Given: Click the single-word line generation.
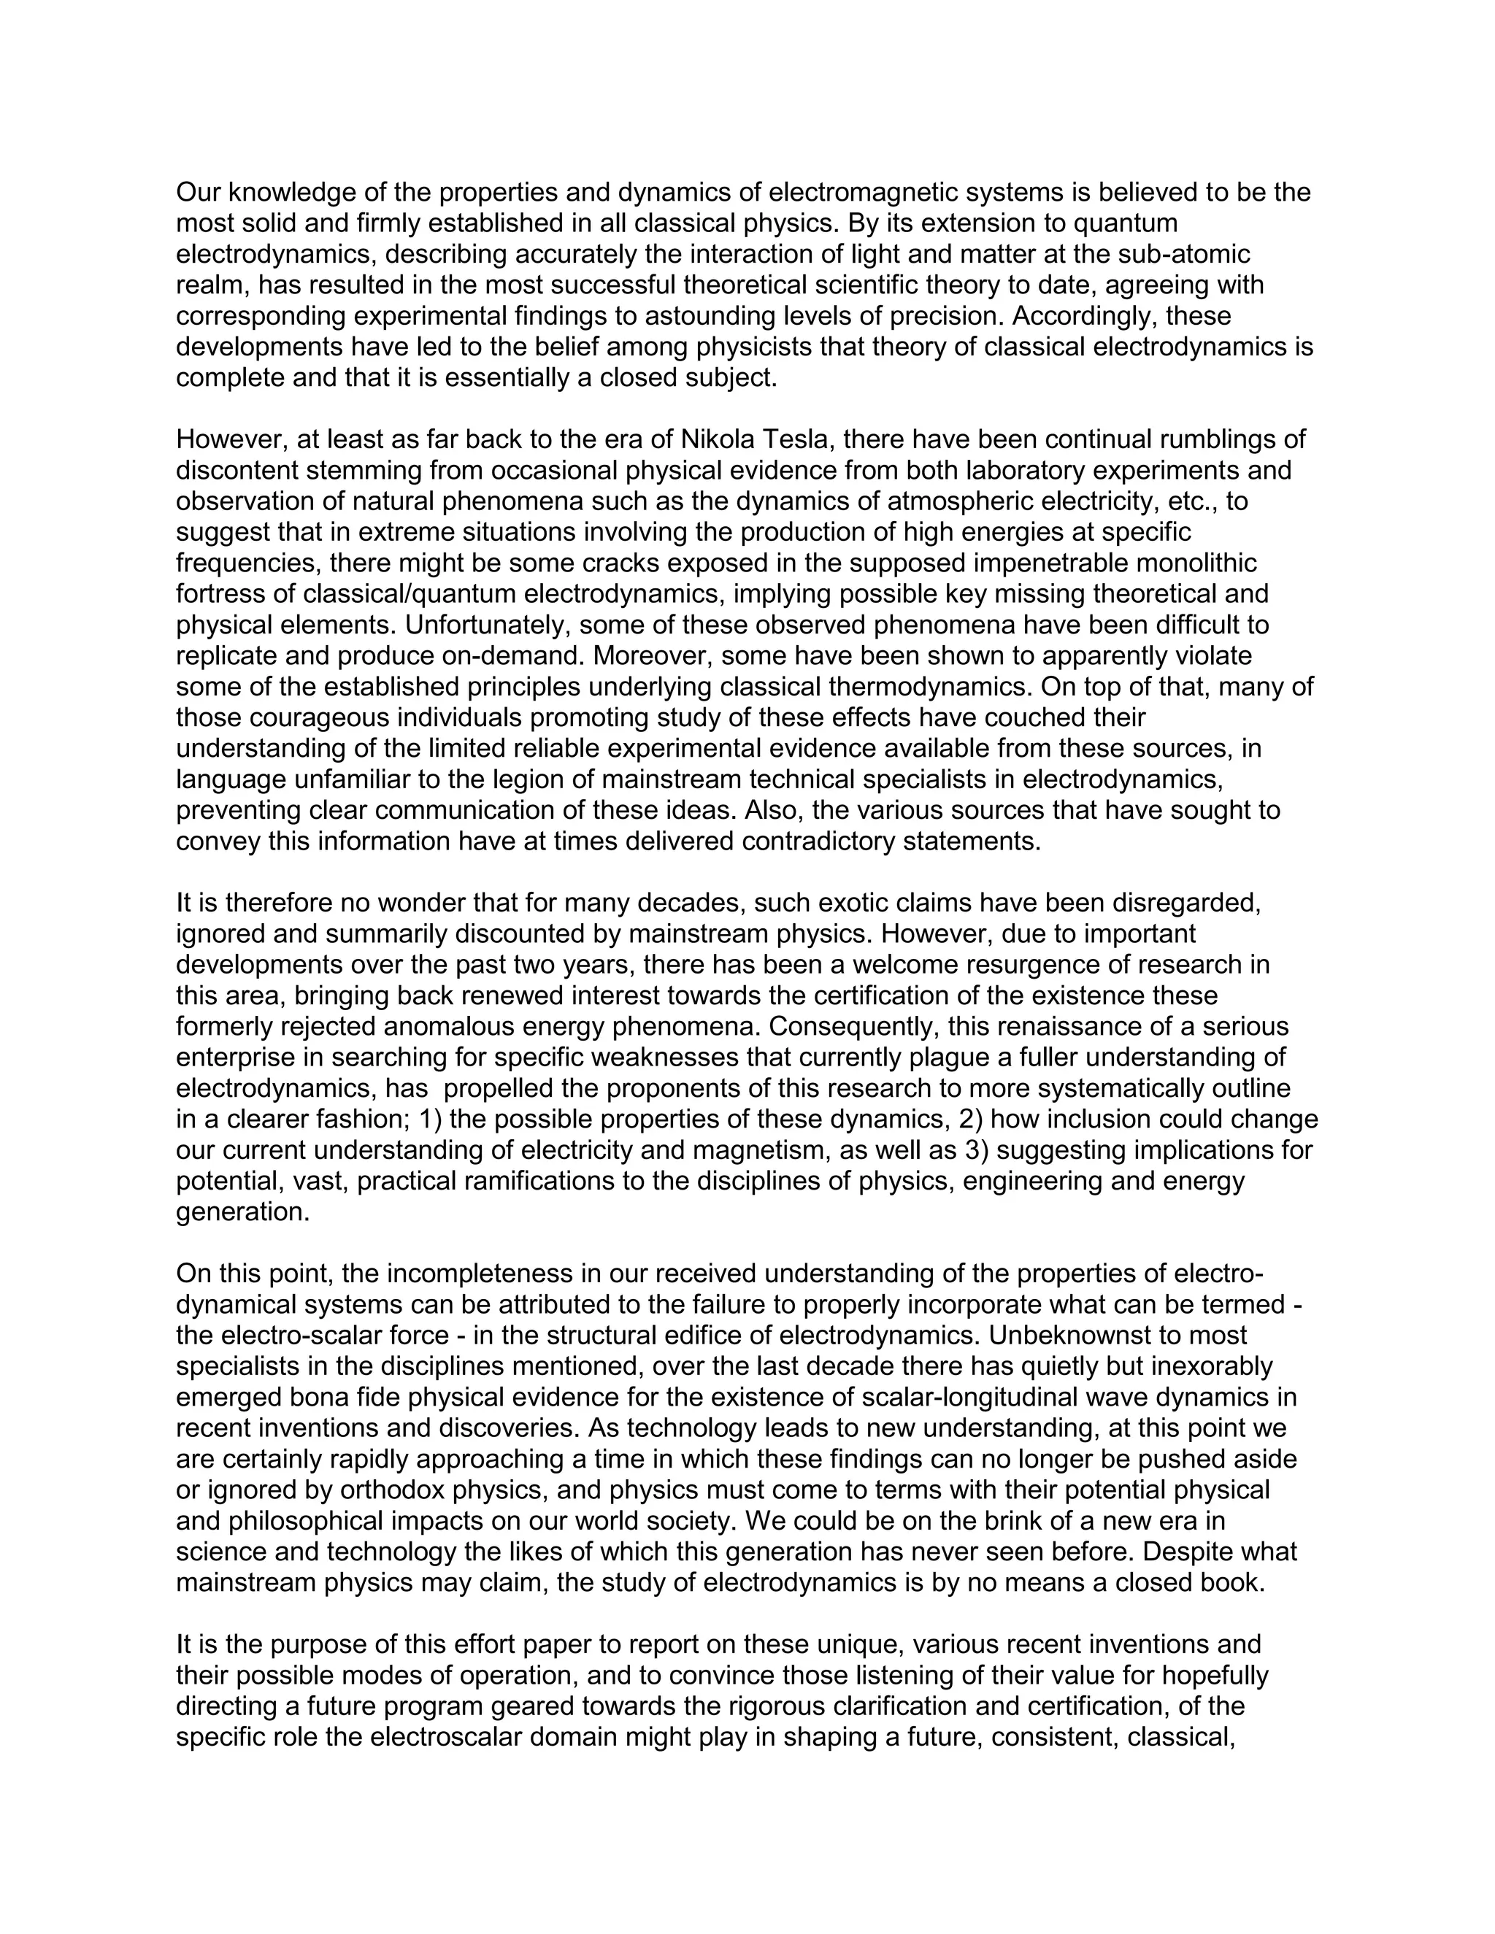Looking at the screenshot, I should [242, 1213].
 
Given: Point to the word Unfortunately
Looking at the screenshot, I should [486, 625].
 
